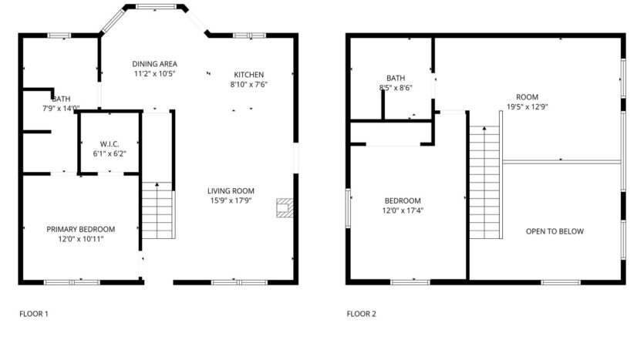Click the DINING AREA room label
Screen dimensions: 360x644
click(x=155, y=64)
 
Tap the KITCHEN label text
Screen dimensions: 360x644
click(x=249, y=74)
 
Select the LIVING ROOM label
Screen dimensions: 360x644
click(x=231, y=191)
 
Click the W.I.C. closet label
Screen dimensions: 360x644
click(x=108, y=143)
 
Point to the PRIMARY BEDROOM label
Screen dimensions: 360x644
click(x=81, y=229)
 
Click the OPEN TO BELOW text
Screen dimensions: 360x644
click(x=555, y=231)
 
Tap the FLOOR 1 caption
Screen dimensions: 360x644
click(x=33, y=314)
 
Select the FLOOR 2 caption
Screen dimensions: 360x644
click(x=361, y=314)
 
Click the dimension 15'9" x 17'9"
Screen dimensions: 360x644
click(x=231, y=201)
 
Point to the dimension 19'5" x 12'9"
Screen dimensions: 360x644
click(x=528, y=107)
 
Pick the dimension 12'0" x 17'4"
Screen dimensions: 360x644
click(x=403, y=210)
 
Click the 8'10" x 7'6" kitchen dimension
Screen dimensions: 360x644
click(x=249, y=84)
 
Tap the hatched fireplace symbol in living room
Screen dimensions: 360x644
click(x=285, y=207)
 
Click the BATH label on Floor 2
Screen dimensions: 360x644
click(x=396, y=78)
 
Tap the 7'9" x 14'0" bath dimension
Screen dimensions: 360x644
click(x=61, y=109)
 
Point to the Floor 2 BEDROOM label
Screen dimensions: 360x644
click(x=403, y=200)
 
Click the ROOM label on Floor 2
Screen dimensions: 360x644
click(x=528, y=97)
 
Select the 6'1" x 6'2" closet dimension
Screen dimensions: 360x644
click(x=108, y=153)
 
